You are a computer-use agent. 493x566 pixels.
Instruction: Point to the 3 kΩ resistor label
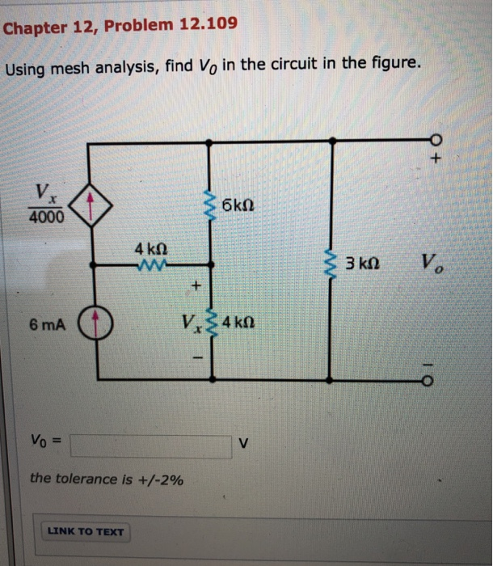tap(362, 264)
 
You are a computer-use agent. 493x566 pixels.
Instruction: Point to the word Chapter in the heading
tap(32, 28)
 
